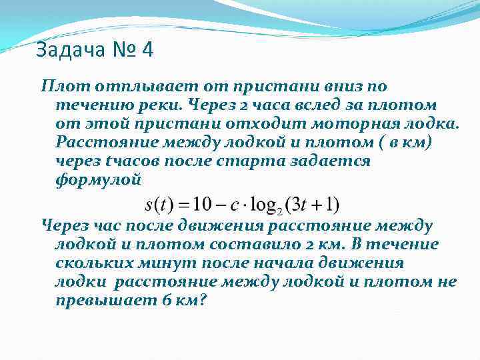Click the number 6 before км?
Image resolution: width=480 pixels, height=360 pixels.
(x=167, y=300)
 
